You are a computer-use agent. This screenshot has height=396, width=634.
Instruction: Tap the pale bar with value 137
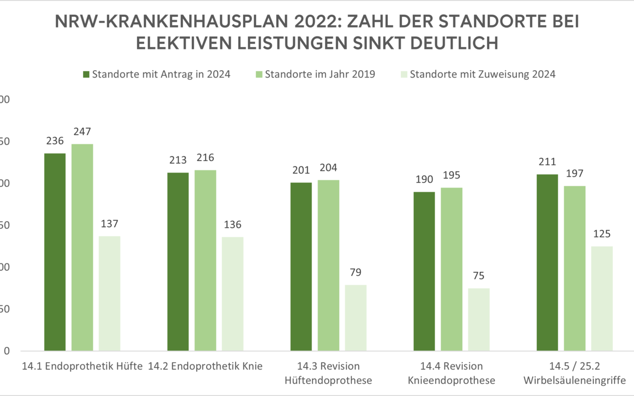click(109, 293)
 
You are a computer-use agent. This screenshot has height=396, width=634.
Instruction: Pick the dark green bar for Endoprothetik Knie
click(178, 261)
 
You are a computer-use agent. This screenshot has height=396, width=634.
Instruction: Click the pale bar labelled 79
click(356, 317)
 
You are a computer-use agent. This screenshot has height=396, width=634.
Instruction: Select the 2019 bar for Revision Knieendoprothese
click(452, 269)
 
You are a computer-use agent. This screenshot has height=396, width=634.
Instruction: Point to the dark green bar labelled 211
click(547, 262)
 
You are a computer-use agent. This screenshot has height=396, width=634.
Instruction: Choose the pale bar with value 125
click(602, 298)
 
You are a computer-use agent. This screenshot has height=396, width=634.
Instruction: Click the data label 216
click(206, 158)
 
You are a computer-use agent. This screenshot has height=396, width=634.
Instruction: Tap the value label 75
click(479, 276)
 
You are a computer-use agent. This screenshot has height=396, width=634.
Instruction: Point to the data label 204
click(329, 168)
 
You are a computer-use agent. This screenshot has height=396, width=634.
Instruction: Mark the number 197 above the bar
click(574, 174)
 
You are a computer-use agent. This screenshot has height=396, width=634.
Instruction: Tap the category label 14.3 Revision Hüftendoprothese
click(328, 373)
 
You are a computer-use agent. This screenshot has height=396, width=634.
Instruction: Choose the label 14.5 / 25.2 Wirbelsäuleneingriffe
click(574, 373)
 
